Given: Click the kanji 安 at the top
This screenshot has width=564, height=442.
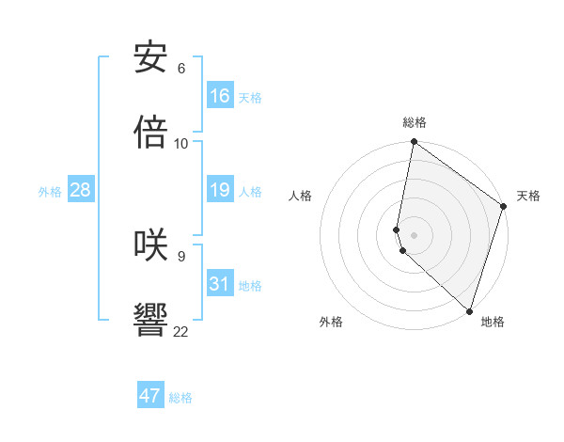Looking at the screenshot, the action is [150, 58].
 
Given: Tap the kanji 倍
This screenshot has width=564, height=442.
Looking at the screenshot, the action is [150, 133].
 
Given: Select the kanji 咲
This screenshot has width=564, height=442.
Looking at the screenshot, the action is [150, 245].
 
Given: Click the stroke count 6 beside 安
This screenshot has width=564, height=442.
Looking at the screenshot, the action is [181, 69].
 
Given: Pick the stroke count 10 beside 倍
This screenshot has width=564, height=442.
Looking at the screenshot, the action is [181, 143].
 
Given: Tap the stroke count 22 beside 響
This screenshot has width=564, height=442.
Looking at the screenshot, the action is [181, 330].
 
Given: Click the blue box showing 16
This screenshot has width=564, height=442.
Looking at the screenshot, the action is [220, 96].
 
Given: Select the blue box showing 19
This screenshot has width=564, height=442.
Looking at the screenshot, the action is [220, 191].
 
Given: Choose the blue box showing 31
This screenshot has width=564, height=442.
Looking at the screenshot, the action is [220, 284].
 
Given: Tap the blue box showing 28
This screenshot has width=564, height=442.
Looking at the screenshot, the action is [81, 191].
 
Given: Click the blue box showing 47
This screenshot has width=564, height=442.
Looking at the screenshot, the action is [150, 396].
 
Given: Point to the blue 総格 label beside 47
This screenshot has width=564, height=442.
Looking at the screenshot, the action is [180, 398].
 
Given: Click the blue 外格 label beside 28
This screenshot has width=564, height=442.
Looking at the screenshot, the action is [50, 192].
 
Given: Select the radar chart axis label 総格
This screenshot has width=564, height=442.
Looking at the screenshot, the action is [415, 122].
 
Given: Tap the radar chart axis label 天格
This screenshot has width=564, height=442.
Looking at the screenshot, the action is [528, 196].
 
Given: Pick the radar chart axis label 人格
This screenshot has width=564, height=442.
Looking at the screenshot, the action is [301, 196].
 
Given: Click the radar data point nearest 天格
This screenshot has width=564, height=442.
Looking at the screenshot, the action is [504, 207].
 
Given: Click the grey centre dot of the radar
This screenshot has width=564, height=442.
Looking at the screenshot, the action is [415, 234].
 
